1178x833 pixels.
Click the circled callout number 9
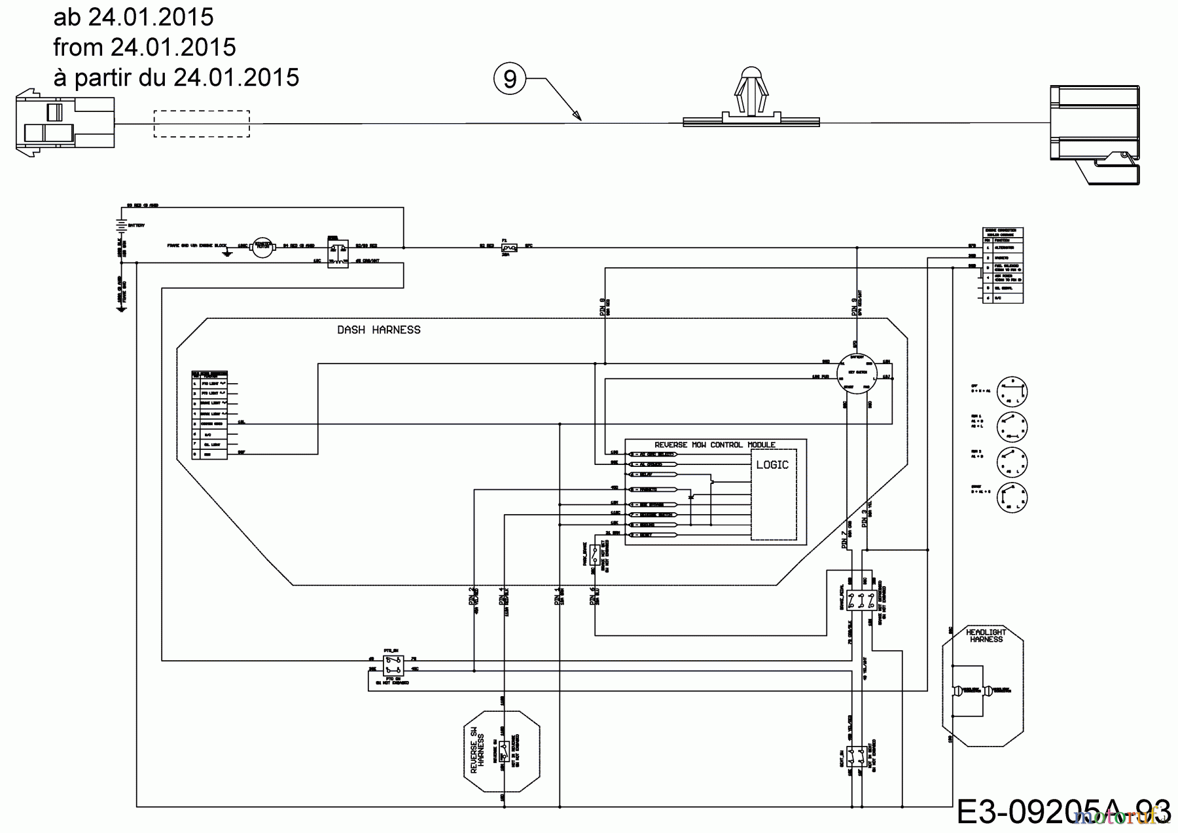pos(510,79)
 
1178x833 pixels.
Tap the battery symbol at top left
pos(120,225)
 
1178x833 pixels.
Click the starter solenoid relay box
pos(338,251)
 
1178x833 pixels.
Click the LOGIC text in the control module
pos(772,464)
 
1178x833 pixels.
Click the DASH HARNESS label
pos(379,330)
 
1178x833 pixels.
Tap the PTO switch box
pos(393,665)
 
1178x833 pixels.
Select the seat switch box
pos(856,758)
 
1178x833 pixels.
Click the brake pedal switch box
pos(861,601)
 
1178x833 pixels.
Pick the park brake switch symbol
pos(596,555)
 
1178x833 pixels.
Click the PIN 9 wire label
pos(603,307)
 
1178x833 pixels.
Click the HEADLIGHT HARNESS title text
pos(986,635)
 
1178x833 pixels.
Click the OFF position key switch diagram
pos(1012,392)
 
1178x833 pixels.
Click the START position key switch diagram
pos(1012,497)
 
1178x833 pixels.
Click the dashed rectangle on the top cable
pos(202,124)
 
